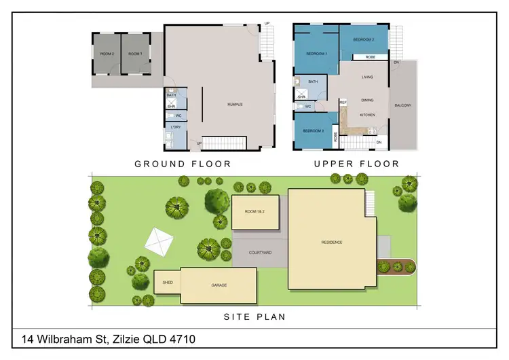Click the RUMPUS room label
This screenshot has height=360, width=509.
[x=235, y=104]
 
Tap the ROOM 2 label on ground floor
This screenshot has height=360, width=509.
[x=107, y=54]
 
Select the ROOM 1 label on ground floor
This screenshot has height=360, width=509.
[x=135, y=54]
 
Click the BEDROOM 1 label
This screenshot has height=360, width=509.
[x=316, y=54]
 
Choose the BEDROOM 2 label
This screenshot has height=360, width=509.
[x=364, y=39]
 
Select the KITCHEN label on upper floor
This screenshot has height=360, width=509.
[x=367, y=115]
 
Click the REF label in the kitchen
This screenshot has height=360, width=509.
[x=343, y=103]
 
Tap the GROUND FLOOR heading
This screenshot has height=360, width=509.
[x=183, y=164]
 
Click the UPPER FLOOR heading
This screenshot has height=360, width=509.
[x=356, y=164]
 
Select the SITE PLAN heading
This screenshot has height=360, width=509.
[x=254, y=317]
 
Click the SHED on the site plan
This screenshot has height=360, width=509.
[x=167, y=282]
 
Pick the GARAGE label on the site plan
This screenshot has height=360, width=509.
[x=219, y=285]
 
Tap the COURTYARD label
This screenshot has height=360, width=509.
[x=261, y=253]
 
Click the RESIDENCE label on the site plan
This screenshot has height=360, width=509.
[x=332, y=242]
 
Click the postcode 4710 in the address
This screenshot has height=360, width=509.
[x=181, y=338]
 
